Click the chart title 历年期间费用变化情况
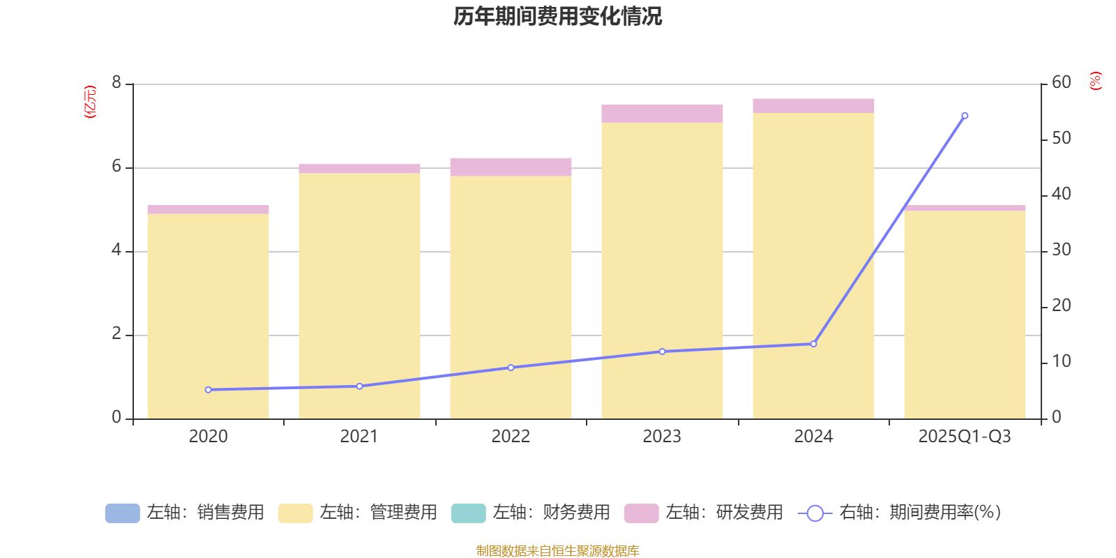coord(557,16)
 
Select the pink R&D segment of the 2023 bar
coord(662,114)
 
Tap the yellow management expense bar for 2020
coord(208,314)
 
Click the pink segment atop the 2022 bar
coord(511,167)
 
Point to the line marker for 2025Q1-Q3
coord(965,116)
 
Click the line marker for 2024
coord(813,344)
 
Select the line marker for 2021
coord(359,386)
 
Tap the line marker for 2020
coord(208,390)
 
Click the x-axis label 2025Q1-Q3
coord(965,437)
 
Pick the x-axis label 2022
coord(511,437)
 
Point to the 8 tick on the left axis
coord(116,83)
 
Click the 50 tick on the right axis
coord(1061,139)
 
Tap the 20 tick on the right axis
coord(1061,306)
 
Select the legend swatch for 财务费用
coord(468,513)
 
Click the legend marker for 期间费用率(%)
coord(815,513)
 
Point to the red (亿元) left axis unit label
coord(90,102)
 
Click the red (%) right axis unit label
coord(1096,81)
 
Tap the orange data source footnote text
coord(557,551)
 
